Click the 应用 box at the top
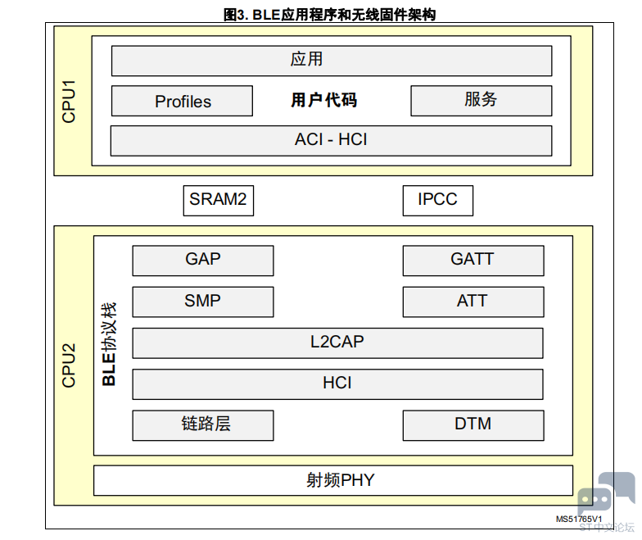(x=332, y=61)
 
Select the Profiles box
(x=182, y=101)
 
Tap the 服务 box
(x=481, y=101)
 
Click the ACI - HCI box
(x=331, y=141)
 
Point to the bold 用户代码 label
(x=324, y=100)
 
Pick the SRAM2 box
(x=218, y=200)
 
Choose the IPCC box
(x=437, y=200)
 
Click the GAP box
(x=203, y=261)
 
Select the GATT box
(x=473, y=261)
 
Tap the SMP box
(x=203, y=302)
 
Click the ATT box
(x=473, y=302)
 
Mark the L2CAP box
(x=337, y=343)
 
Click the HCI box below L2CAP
(x=337, y=384)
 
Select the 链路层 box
(x=203, y=425)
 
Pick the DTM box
(x=473, y=425)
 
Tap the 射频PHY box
(x=333, y=480)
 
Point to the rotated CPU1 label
(x=69, y=102)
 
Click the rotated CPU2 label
(x=69, y=365)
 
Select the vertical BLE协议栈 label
(x=109, y=344)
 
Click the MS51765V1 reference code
(x=579, y=520)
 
